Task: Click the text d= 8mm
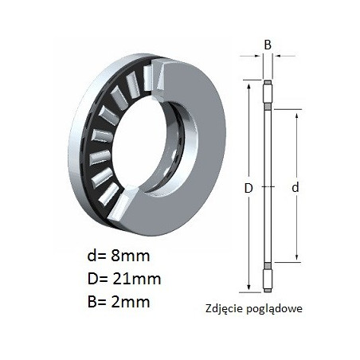119,256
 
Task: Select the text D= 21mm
124,279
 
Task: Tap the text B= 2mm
119,302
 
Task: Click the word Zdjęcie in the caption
225,309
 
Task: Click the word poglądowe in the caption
274,309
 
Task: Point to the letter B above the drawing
268,45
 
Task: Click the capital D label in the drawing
248,188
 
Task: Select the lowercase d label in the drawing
295,187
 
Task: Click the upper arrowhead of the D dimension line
248,87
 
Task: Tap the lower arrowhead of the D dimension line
248,287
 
